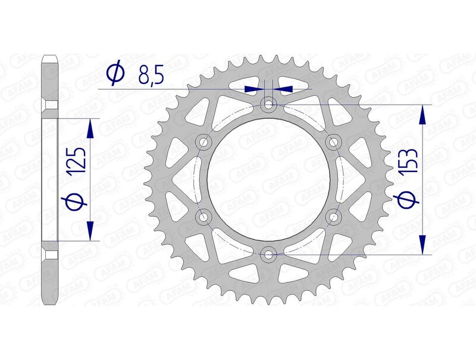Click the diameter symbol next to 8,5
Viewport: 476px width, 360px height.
pyautogui.click(x=114, y=73)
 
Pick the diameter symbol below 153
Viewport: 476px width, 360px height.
pyautogui.click(x=409, y=202)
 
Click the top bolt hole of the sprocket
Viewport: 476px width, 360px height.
pyautogui.click(x=269, y=105)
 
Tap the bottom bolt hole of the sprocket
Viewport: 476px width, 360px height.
pyautogui.click(x=269, y=255)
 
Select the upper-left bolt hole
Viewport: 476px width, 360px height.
pyautogui.click(x=204, y=142)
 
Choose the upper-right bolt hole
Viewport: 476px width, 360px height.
pyautogui.click(x=333, y=142)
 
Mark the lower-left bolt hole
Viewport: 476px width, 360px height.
pyautogui.click(x=204, y=217)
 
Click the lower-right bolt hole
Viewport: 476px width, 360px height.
pyautogui.click(x=333, y=217)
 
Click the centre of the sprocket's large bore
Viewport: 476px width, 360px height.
pyautogui.click(x=269, y=180)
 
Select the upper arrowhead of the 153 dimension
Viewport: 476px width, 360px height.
pyautogui.click(x=422, y=113)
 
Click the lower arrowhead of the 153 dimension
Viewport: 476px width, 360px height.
pyautogui.click(x=422, y=246)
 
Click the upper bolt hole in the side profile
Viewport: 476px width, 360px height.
pyautogui.click(x=51, y=105)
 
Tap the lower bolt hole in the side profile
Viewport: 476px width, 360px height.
pyautogui.click(x=51, y=255)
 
